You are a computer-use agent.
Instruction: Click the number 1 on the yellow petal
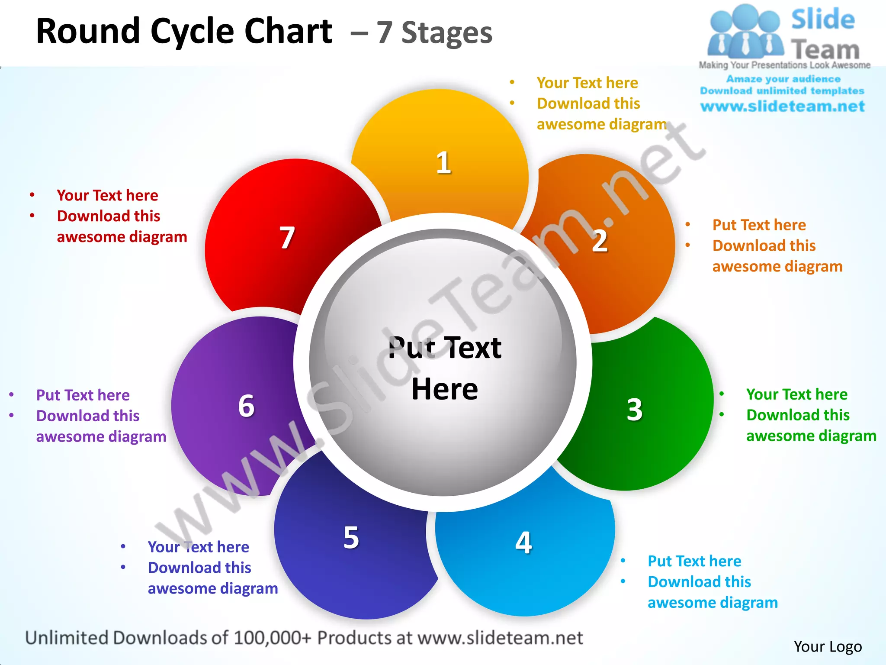(x=443, y=163)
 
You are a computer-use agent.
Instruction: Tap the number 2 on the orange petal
(x=600, y=241)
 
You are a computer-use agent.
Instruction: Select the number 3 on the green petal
(x=635, y=409)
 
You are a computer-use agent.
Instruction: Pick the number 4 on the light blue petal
(x=523, y=542)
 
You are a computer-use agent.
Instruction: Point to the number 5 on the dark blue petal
(x=351, y=538)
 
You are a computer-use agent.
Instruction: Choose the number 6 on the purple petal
(x=247, y=406)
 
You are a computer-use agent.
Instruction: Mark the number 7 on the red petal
(x=287, y=238)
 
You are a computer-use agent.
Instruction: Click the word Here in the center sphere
(x=445, y=389)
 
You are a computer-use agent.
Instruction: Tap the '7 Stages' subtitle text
(x=434, y=33)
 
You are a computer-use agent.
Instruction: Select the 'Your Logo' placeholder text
(x=828, y=646)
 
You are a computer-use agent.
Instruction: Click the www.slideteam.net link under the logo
(x=783, y=107)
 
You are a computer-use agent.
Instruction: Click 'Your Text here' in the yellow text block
(x=587, y=83)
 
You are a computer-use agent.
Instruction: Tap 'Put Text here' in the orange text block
(x=759, y=225)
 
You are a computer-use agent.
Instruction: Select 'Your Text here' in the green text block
(x=797, y=394)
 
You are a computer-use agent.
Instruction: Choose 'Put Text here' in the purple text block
(x=83, y=395)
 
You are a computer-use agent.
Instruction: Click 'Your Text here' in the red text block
(x=107, y=195)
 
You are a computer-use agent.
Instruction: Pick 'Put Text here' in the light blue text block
(x=694, y=561)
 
